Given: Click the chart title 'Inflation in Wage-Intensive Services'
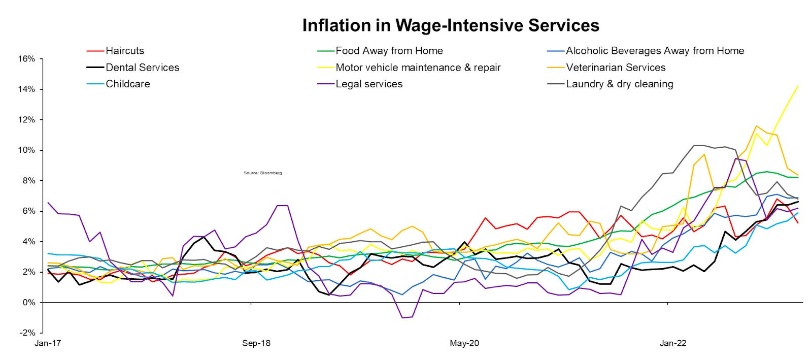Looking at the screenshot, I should (x=451, y=25).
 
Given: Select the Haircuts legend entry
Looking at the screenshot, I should (x=124, y=51).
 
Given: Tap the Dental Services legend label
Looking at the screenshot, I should (x=142, y=68).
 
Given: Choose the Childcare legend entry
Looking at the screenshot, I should (x=127, y=84).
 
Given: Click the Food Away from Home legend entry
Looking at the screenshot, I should (x=389, y=51).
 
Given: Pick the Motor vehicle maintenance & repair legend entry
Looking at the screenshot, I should (x=418, y=68).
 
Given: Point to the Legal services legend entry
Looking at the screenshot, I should (x=368, y=84).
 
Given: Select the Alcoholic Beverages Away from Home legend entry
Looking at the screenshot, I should (x=655, y=51).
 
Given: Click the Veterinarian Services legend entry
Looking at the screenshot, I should (x=616, y=68).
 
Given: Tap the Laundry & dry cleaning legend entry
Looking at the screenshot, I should (x=619, y=84).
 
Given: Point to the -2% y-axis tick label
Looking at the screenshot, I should (x=27, y=333).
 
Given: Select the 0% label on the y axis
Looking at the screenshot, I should (x=29, y=303).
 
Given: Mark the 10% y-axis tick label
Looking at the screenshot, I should (x=27, y=150).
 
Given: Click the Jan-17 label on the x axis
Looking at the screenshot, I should (x=48, y=343).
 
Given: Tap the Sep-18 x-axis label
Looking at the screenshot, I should (x=256, y=343).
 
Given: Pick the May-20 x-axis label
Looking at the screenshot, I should (x=464, y=343).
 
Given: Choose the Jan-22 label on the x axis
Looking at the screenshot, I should (x=673, y=343).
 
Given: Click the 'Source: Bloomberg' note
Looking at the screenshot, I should (x=262, y=173).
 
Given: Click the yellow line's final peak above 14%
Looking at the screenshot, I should (x=798, y=86).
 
